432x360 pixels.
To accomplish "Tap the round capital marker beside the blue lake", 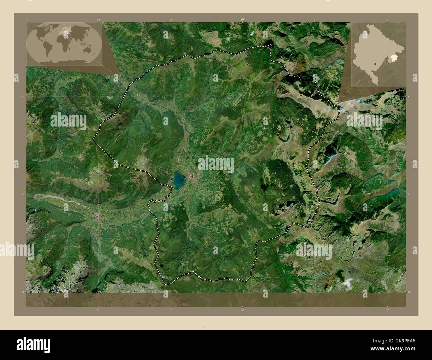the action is click(192, 175).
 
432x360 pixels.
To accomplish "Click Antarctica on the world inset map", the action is click(66, 61).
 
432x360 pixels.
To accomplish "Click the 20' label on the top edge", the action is click(243, 20).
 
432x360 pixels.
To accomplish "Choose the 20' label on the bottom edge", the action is click(243, 310).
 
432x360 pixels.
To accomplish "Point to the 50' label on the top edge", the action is click(98, 20).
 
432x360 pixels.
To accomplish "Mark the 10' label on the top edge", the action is click(387, 20).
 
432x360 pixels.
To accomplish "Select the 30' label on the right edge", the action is click(409, 292).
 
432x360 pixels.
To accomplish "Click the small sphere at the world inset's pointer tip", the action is click(119, 75).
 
